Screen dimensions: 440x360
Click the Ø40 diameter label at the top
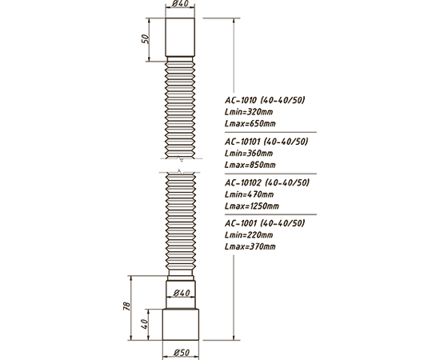180,4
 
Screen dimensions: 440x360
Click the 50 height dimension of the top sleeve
145,38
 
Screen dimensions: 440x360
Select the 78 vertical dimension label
127,306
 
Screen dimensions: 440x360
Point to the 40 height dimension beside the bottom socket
144,324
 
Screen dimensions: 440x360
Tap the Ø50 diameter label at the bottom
182,353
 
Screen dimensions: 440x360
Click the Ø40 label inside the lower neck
182,293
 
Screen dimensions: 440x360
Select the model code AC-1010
241,100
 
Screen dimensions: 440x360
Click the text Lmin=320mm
249,112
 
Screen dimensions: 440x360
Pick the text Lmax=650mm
250,123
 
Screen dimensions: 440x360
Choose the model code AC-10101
242,142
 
